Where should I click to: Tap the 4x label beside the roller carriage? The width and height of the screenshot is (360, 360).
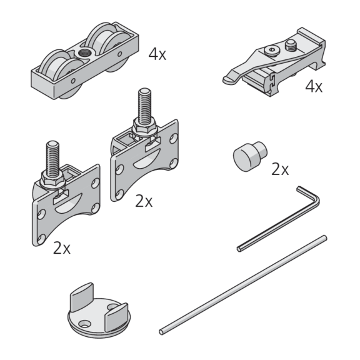(157, 54)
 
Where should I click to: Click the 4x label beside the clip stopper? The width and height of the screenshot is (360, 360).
(314, 86)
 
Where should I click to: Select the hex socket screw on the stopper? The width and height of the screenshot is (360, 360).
(272, 49)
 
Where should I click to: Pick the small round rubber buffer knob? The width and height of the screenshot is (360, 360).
(250, 156)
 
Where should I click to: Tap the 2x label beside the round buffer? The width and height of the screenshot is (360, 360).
(280, 169)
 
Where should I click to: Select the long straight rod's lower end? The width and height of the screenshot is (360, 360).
(162, 332)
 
